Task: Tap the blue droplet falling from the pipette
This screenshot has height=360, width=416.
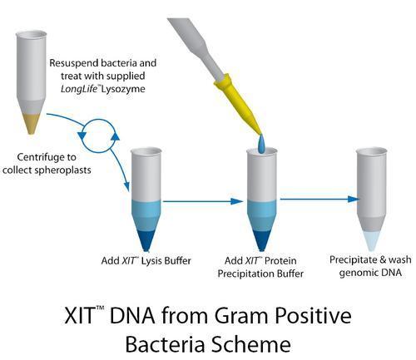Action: tap(261, 144)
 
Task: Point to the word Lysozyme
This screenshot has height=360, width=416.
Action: tap(123, 89)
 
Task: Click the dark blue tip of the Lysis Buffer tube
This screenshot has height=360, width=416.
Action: tap(146, 239)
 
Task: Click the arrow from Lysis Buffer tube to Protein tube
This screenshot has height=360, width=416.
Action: tap(203, 201)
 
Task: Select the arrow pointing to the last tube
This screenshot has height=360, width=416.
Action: tap(319, 199)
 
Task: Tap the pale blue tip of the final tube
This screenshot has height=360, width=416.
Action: tap(371, 240)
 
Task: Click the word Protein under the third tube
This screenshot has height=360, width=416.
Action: tap(280, 261)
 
